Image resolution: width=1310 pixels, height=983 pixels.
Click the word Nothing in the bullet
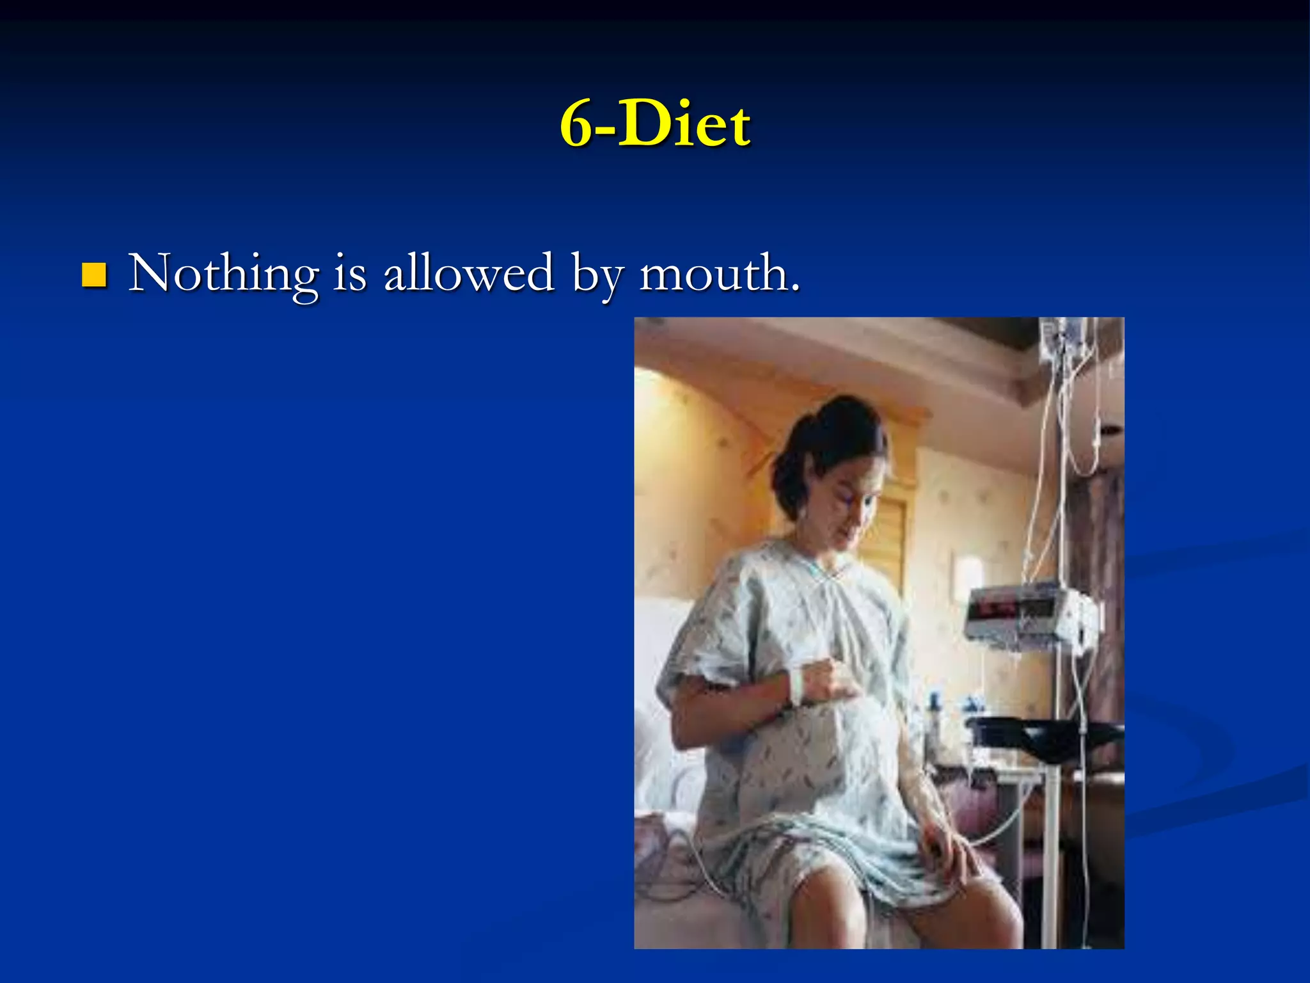point(223,274)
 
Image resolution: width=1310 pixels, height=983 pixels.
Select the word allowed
point(468,273)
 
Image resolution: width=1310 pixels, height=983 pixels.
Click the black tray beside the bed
point(1043,736)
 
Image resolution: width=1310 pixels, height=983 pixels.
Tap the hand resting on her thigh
point(947,845)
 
